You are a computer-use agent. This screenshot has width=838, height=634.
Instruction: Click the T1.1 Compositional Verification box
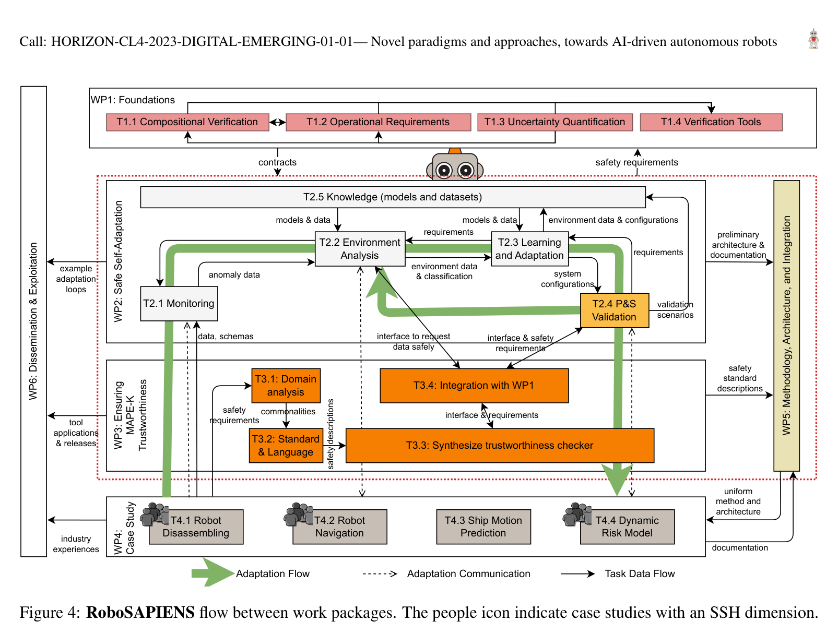(x=187, y=122)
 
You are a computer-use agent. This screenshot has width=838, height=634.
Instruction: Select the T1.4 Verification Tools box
(x=711, y=122)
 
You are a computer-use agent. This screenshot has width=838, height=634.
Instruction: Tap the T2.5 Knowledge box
(x=393, y=197)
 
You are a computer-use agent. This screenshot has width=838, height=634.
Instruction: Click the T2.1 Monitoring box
(x=179, y=304)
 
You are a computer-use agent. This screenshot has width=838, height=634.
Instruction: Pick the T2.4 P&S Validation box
(x=614, y=310)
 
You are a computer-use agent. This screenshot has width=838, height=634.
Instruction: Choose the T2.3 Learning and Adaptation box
(x=529, y=249)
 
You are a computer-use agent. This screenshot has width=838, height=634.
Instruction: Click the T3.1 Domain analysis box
(x=286, y=386)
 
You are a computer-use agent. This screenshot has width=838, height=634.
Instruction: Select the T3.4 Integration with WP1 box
(x=474, y=386)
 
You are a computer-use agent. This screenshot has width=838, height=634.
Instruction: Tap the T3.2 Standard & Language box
(x=286, y=446)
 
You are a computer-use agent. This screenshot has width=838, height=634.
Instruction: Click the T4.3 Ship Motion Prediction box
(x=483, y=527)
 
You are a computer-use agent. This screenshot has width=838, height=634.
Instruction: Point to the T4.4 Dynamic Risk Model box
(x=627, y=527)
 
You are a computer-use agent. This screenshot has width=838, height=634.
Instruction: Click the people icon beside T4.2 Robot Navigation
(x=298, y=515)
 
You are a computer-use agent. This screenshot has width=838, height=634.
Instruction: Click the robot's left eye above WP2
(x=444, y=170)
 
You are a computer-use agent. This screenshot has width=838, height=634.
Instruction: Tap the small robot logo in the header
(x=813, y=39)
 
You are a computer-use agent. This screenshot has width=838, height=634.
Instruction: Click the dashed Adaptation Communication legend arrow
(x=380, y=574)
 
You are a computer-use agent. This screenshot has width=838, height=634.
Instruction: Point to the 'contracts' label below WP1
(x=277, y=162)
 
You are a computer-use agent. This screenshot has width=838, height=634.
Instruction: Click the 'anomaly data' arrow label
(x=234, y=275)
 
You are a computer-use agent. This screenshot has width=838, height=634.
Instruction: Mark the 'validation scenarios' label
(x=675, y=310)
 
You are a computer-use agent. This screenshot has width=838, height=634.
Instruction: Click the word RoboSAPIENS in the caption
(x=140, y=612)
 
